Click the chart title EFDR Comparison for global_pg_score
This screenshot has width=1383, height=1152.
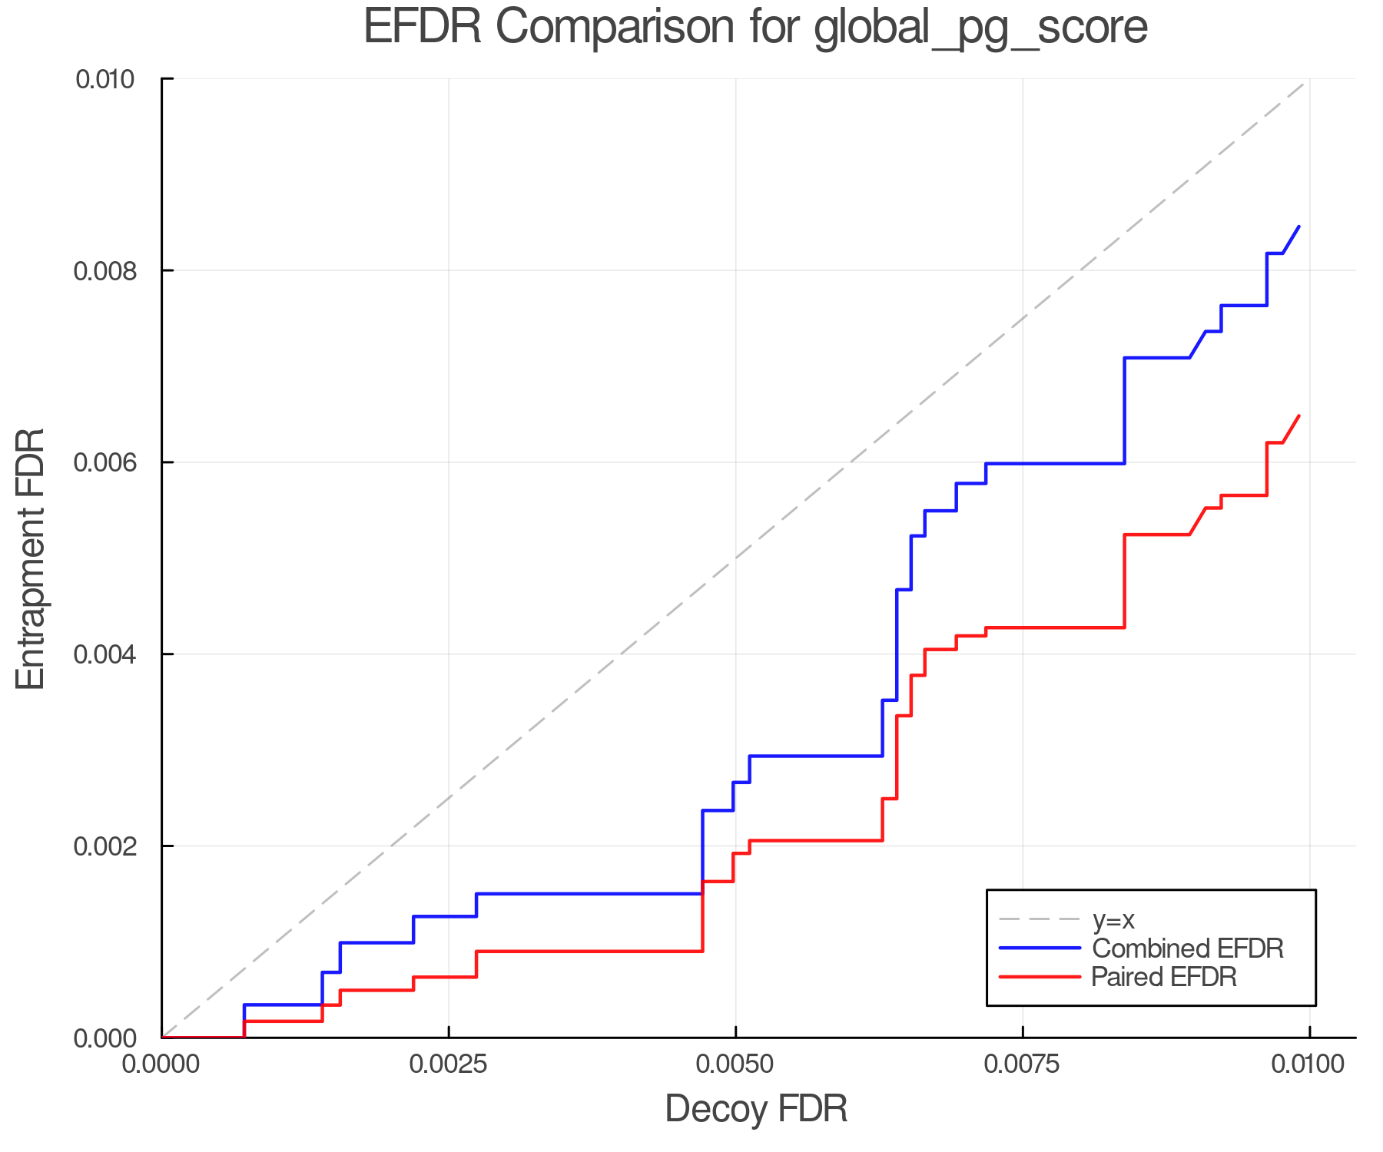(x=755, y=28)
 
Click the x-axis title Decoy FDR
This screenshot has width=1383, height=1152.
(x=755, y=1108)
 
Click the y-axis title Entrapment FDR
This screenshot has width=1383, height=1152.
(x=32, y=558)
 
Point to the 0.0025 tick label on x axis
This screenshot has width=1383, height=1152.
(x=448, y=1064)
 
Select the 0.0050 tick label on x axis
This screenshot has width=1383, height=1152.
(x=735, y=1064)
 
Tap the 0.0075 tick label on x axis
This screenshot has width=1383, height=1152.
(x=1023, y=1064)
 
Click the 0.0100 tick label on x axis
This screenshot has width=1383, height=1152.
(x=1309, y=1064)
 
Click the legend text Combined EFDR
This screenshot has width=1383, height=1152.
(x=1187, y=948)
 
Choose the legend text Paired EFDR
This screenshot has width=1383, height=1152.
(x=1164, y=977)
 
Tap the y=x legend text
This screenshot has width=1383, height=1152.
(x=1113, y=919)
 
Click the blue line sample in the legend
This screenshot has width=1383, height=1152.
(x=1040, y=948)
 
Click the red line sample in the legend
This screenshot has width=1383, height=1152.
(x=1040, y=977)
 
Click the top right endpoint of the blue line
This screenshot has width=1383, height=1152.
(x=1299, y=227)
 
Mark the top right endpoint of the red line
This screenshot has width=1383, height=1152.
(x=1299, y=415)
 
